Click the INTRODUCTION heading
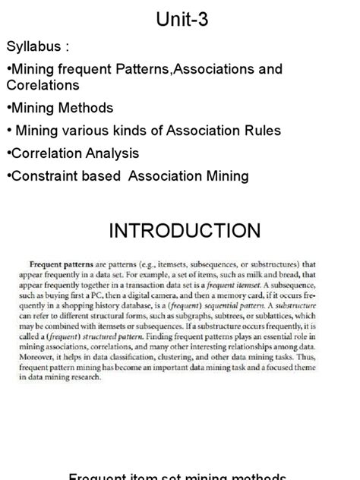[x=185, y=230]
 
